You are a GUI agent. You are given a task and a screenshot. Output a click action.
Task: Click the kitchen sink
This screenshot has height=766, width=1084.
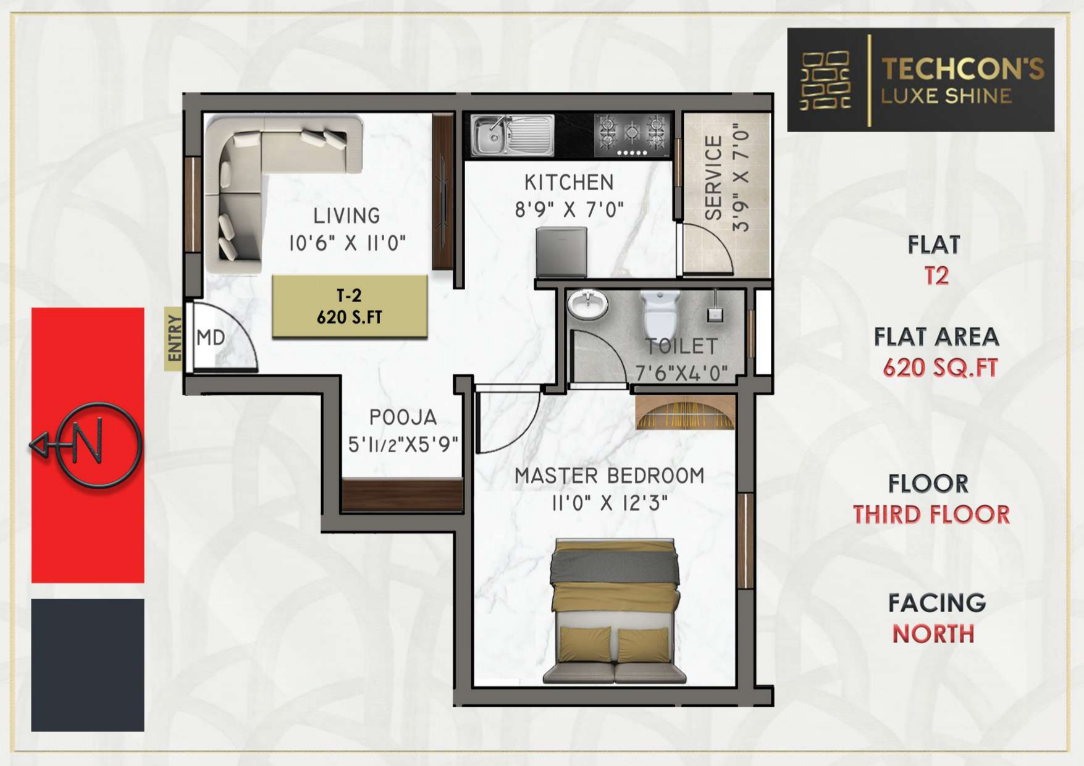pos(512,135)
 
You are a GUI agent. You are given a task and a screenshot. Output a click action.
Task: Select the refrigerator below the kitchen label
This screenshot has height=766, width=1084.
pos(561,252)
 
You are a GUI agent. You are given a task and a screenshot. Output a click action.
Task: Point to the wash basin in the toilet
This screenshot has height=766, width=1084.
pos(587,305)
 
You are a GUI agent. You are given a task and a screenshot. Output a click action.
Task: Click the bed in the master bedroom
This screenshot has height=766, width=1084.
pos(615,610)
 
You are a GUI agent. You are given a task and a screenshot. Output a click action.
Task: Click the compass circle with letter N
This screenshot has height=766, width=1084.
pos(98,445)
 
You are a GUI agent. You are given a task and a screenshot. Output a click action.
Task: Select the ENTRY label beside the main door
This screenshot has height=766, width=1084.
pos(174,338)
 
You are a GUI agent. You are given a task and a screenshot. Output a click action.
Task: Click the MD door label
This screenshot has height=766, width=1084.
pos(211,338)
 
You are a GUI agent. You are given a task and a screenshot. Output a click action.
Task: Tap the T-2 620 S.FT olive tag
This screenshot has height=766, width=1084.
pos(350,306)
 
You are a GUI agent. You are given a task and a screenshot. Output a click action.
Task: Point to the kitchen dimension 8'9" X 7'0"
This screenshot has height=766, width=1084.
pos(569,210)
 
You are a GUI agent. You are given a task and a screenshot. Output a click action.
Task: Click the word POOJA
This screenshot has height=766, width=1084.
pos(403,418)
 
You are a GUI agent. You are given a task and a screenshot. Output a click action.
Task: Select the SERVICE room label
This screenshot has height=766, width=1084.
pos(713,178)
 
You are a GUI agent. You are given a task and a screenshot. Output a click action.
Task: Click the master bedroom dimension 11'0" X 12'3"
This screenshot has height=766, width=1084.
pos(610,503)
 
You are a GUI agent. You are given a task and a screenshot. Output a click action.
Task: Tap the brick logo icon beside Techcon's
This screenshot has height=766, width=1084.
pos(825,80)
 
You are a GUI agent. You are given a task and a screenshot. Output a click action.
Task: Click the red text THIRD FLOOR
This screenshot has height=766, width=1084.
pos(931,515)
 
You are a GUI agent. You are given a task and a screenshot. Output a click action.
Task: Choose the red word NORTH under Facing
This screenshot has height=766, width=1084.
pos(933,634)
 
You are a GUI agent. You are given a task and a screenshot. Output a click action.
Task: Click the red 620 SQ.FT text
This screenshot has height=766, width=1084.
pos(940,368)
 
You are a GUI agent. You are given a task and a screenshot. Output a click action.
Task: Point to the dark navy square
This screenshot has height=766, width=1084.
pos(88,665)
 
